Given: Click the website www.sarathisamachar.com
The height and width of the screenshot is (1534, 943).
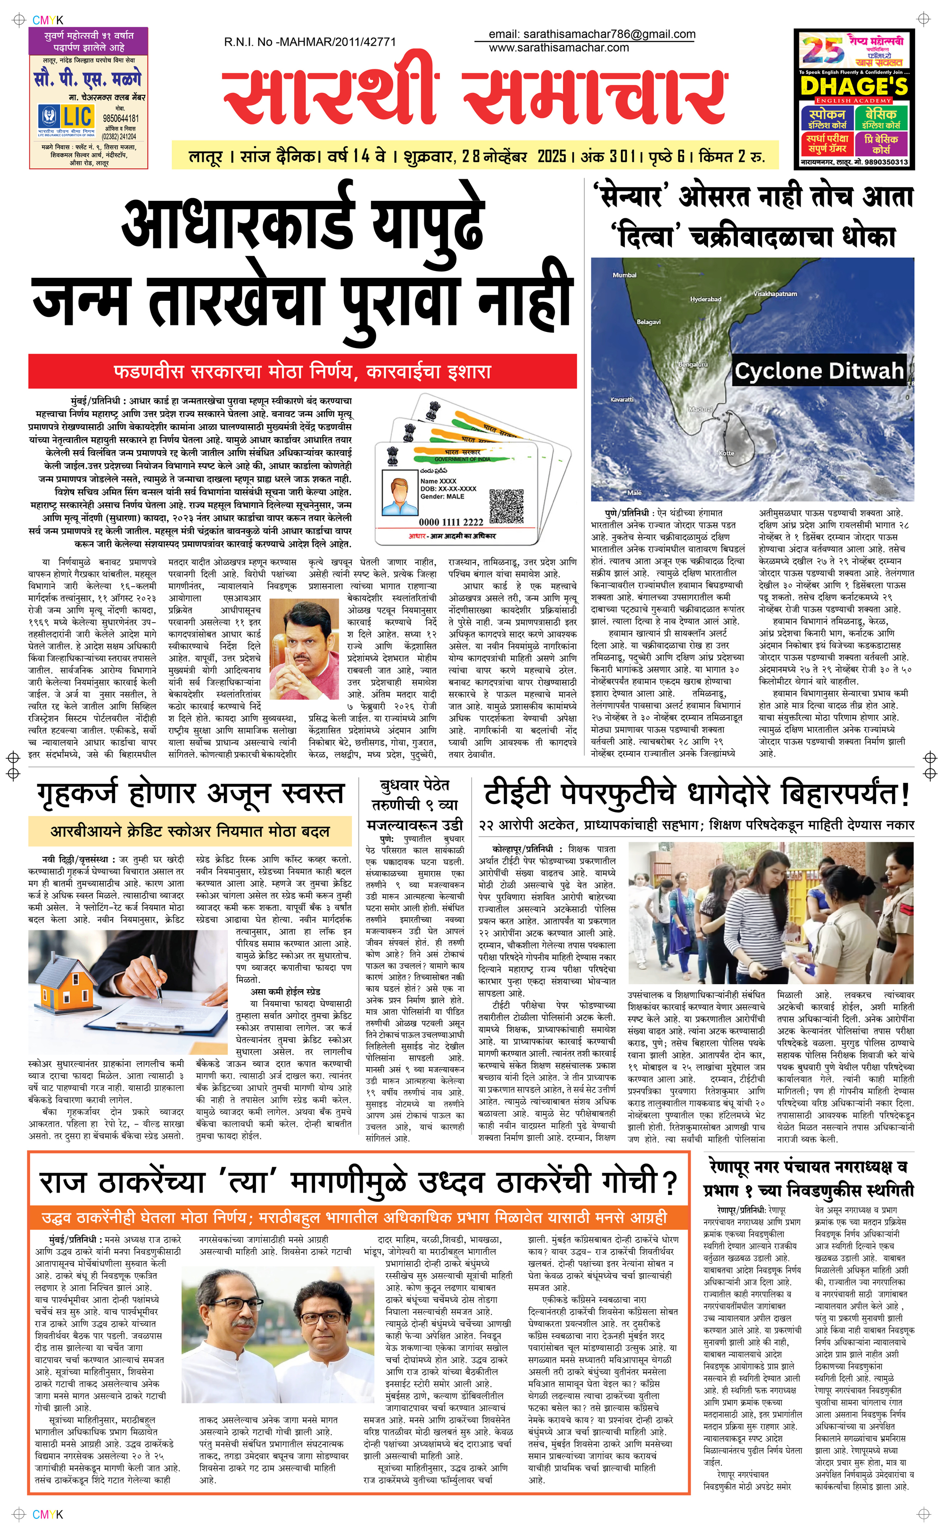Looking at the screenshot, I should coord(558,47).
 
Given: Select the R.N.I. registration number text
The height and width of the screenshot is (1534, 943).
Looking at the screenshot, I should coord(309,42).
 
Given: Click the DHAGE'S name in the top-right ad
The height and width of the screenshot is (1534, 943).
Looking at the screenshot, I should coord(853,86).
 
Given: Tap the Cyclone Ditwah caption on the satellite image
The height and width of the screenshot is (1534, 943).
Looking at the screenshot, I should coord(819,371).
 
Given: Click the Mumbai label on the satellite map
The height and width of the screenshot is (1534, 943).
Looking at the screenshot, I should coord(624,275).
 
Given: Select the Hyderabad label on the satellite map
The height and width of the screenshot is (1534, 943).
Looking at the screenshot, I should coord(705,299).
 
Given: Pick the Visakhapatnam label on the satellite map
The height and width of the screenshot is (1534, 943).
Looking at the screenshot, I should coord(775,294).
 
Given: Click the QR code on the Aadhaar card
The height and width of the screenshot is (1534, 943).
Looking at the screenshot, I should coord(506,506).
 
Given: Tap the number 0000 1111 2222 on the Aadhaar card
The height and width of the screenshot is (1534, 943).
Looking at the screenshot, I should coord(451,522).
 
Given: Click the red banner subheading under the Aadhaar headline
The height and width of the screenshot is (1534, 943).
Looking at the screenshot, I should coord(303,372).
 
